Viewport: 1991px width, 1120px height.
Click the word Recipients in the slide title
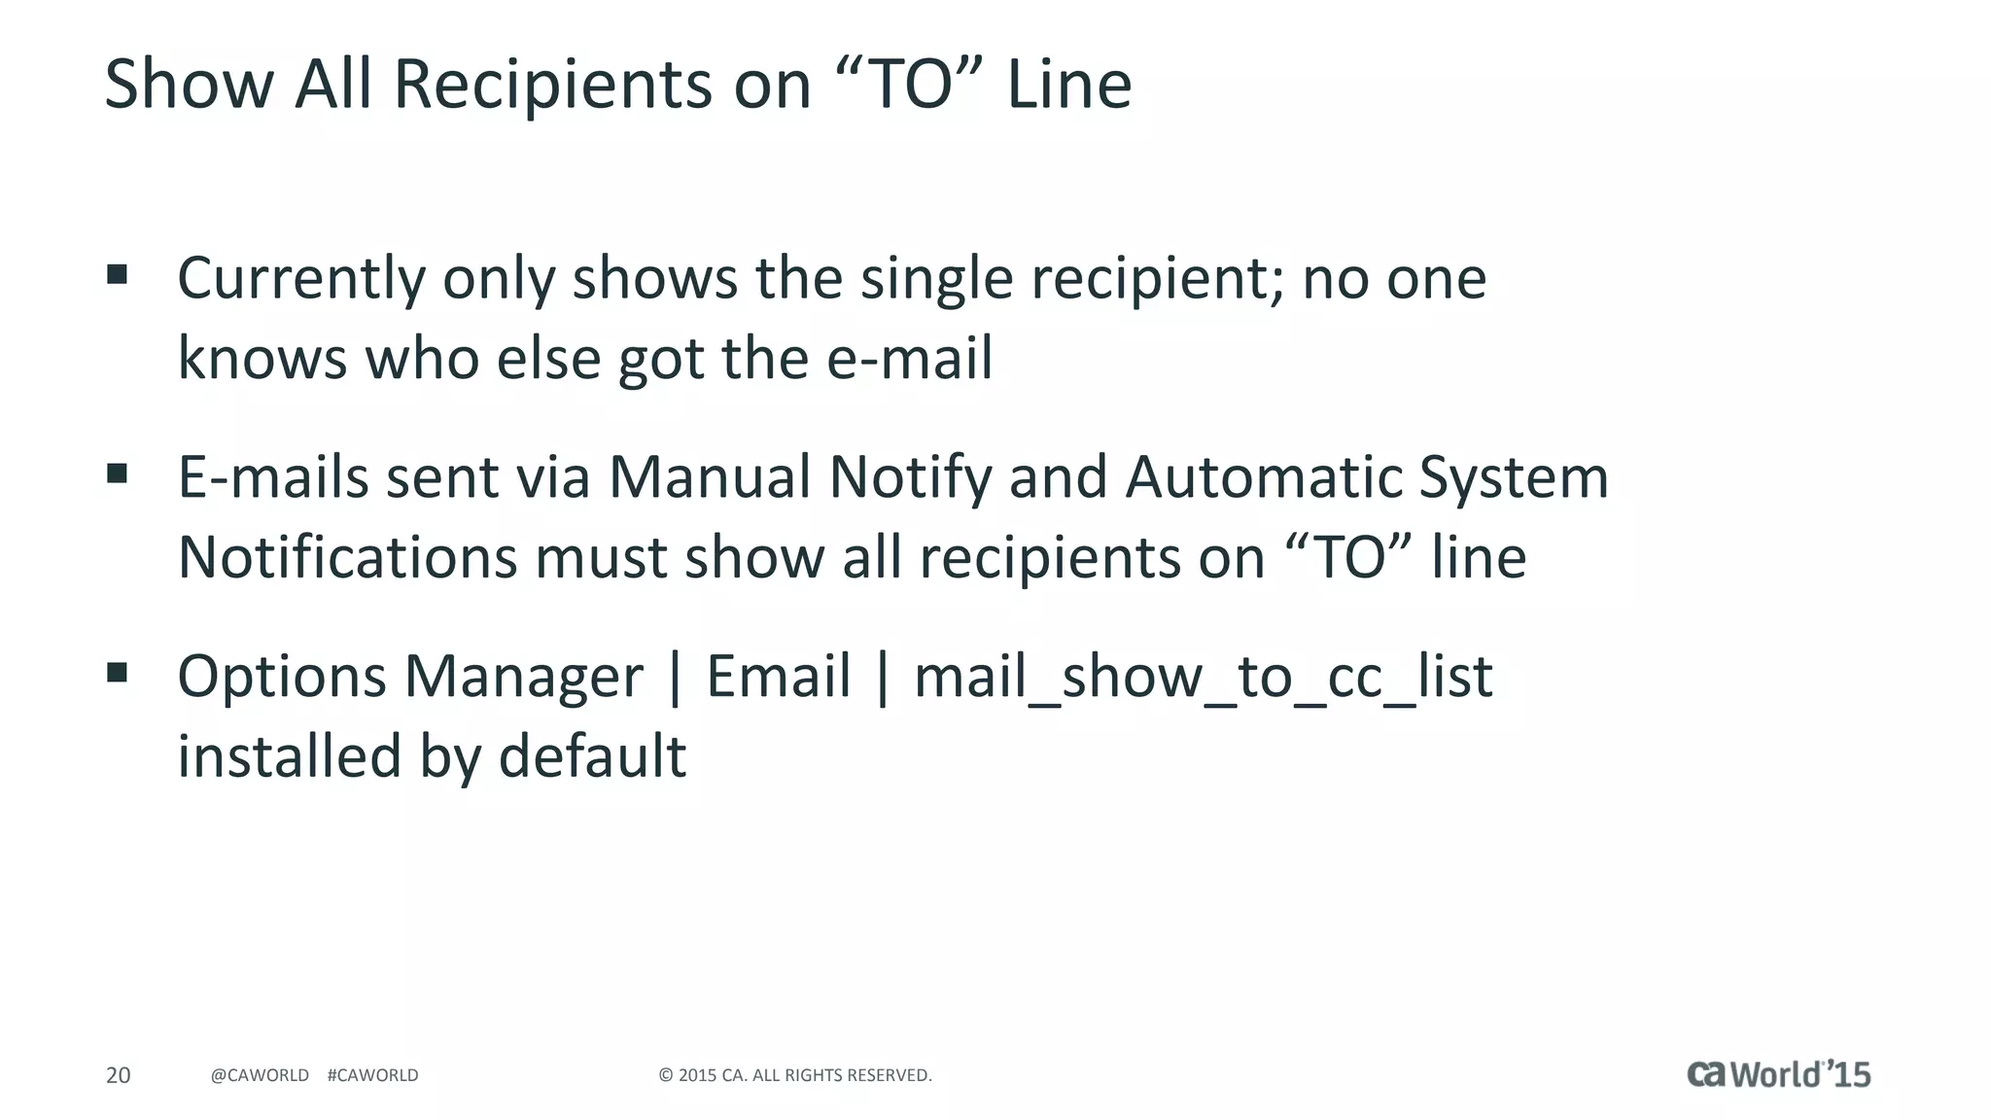(x=553, y=85)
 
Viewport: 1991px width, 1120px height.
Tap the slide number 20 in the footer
(x=118, y=1075)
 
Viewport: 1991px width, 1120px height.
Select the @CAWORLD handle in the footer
(x=260, y=1075)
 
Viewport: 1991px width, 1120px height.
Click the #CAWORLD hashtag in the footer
(x=372, y=1075)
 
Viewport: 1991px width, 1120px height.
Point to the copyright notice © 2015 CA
(x=794, y=1075)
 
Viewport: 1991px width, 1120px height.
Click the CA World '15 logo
(x=1778, y=1074)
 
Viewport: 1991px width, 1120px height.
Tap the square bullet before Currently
(x=118, y=274)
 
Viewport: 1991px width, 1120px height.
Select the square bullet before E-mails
(x=118, y=473)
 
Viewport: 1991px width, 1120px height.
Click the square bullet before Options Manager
(x=118, y=673)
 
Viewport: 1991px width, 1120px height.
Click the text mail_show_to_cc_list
(x=1203, y=678)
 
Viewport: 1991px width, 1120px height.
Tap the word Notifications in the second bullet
(x=347, y=558)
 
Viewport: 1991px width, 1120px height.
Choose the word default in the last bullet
(x=592, y=756)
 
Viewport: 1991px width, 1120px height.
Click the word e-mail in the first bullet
(x=909, y=359)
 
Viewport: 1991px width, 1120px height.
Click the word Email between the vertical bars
(x=778, y=678)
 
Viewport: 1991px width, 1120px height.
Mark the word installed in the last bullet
(x=289, y=756)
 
